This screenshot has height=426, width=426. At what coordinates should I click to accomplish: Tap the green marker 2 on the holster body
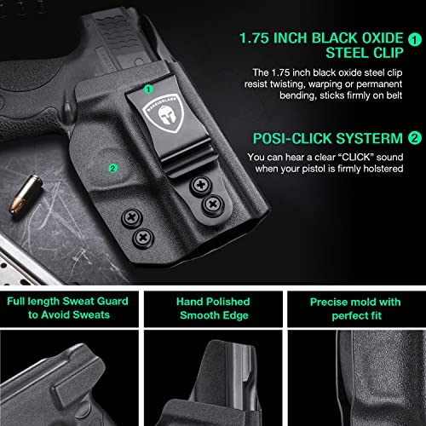pyautogui.click(x=112, y=168)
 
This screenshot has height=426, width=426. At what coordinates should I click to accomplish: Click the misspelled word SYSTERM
pyautogui.click(x=371, y=137)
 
